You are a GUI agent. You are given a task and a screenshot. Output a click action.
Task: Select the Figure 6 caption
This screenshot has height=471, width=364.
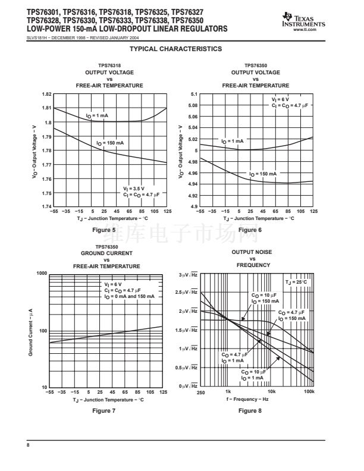(x=250, y=230)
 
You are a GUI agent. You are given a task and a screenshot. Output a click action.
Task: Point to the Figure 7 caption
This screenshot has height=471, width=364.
(x=105, y=411)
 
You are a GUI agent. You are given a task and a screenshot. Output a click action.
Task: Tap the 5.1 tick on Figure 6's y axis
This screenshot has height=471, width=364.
(x=193, y=95)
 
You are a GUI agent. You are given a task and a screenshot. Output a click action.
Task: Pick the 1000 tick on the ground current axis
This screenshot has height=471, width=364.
(x=42, y=274)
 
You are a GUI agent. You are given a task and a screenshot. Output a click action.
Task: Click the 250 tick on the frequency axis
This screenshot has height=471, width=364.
(x=200, y=392)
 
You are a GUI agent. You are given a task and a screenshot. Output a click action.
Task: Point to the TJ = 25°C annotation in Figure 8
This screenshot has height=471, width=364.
(x=297, y=282)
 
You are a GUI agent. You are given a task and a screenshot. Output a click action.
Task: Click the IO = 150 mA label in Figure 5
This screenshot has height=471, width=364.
(x=111, y=143)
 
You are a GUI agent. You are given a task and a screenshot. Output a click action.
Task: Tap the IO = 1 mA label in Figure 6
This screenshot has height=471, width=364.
(x=233, y=141)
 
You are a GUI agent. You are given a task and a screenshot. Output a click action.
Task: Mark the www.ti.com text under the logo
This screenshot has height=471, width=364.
(x=313, y=29)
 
